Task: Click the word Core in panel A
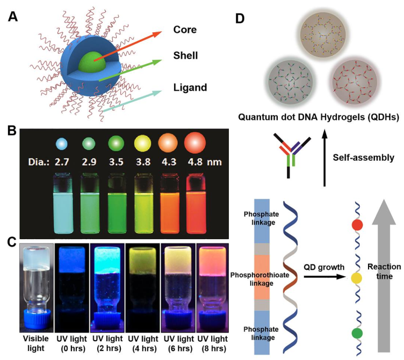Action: click(x=185, y=30)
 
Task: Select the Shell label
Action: click(x=185, y=55)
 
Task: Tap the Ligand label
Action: click(x=190, y=88)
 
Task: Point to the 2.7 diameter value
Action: click(x=62, y=162)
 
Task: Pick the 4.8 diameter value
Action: click(x=195, y=162)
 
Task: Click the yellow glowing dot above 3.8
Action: click(x=142, y=143)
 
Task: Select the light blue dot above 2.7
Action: click(x=62, y=143)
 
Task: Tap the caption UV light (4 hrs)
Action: click(x=143, y=343)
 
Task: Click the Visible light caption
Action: click(x=36, y=343)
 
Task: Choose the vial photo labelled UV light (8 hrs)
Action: click(x=213, y=287)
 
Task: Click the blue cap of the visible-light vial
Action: click(x=37, y=321)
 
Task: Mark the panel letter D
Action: click(x=240, y=19)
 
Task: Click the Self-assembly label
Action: click(x=364, y=158)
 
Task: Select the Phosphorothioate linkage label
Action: click(x=259, y=279)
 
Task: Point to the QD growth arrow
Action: click(x=324, y=277)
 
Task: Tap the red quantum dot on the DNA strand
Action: click(x=357, y=225)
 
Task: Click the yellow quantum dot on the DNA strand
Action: click(x=357, y=278)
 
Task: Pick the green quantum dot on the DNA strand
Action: click(x=357, y=333)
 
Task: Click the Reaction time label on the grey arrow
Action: click(x=384, y=271)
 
